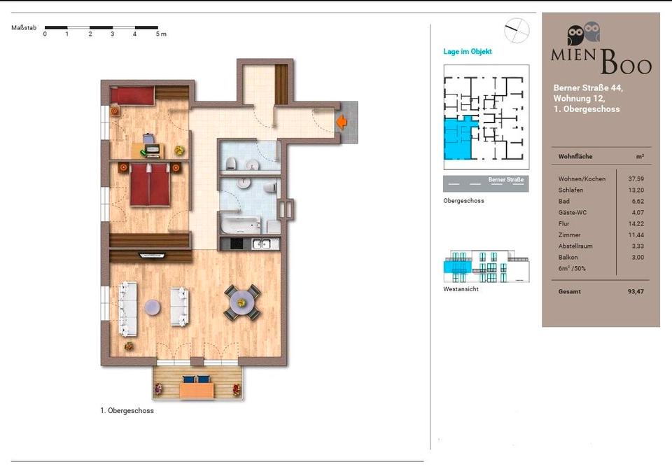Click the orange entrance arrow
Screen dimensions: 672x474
tap(342, 122)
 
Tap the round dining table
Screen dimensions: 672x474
tap(241, 302)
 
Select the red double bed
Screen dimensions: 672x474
tap(150, 184)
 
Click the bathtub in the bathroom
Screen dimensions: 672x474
tap(241, 225)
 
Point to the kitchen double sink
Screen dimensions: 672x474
tap(261, 244)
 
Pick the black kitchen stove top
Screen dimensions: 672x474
tap(237, 244)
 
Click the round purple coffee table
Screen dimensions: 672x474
tap(153, 307)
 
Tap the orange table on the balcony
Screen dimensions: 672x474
tap(197, 391)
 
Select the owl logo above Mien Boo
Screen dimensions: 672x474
tap(583, 34)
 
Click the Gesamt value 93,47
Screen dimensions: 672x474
tap(636, 291)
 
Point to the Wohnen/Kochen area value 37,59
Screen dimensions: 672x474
tap(636, 179)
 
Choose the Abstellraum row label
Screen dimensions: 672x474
tap(575, 246)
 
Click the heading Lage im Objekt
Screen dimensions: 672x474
tap(467, 51)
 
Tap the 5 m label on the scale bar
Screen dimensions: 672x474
tap(161, 34)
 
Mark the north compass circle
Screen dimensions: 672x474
tap(517, 30)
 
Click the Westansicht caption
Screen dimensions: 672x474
tap(461, 289)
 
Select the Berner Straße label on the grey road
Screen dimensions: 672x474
tap(505, 179)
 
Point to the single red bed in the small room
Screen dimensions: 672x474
tap(132, 96)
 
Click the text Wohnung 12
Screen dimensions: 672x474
tap(579, 98)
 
